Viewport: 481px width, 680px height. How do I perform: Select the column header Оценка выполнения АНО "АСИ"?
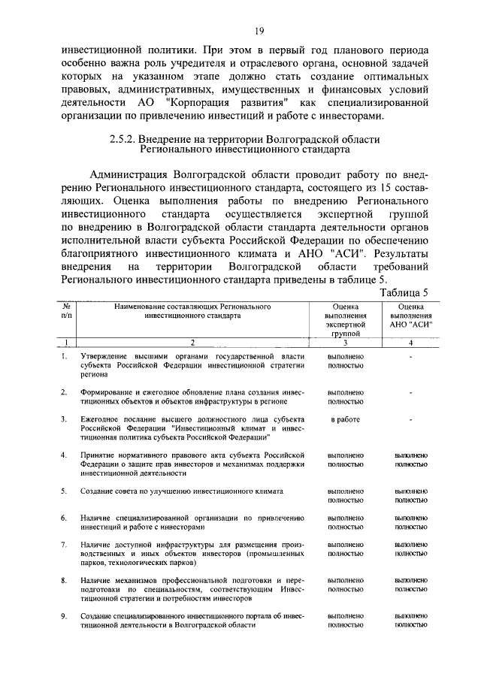[411, 316]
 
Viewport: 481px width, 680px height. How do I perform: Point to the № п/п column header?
[67, 312]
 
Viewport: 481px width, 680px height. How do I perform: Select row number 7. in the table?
[65, 543]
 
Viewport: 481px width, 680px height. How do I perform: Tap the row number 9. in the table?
[65, 615]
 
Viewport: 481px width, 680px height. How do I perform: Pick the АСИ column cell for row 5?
[411, 496]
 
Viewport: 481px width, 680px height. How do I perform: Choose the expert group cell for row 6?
[346, 522]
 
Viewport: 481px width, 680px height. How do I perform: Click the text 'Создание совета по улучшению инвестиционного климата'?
[182, 491]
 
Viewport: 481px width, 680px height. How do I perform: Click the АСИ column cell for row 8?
[411, 585]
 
